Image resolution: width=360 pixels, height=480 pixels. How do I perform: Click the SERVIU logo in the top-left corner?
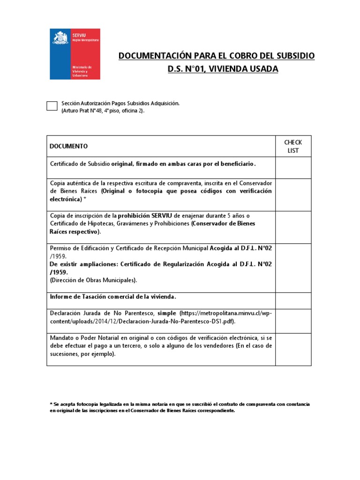[x=75, y=53]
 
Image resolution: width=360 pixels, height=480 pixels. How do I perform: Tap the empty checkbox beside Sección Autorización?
[x=52, y=106]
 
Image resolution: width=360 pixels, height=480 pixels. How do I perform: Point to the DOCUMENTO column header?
[x=68, y=146]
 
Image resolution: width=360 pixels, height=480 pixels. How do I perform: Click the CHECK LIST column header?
[x=293, y=146]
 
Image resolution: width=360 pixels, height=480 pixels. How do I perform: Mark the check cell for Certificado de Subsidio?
[x=293, y=167]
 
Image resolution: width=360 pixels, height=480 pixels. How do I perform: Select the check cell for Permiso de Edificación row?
[x=293, y=268]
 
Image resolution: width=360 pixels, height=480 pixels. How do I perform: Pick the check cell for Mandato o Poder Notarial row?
[x=293, y=349]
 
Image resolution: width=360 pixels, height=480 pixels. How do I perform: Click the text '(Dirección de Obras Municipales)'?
[x=93, y=280]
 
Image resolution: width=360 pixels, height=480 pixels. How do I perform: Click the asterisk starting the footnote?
[x=51, y=404]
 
